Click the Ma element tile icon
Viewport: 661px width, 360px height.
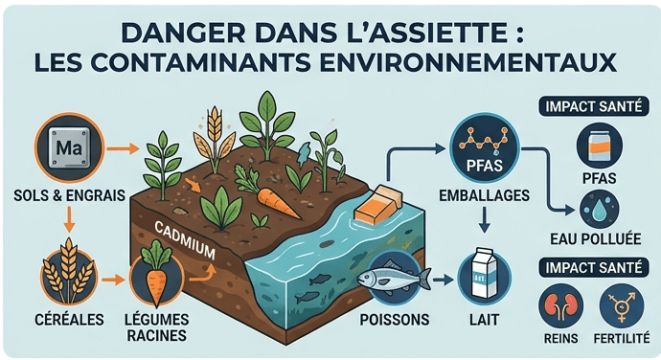coord(69,147)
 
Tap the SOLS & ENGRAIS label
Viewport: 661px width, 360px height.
coord(70,195)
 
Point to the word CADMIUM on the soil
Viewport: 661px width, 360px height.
coord(185,240)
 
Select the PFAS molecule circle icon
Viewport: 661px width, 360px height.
coord(485,148)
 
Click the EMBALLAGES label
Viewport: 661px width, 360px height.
coord(485,195)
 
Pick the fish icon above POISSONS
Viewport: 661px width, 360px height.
coord(394,278)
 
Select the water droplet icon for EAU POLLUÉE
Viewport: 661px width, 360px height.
coord(599,209)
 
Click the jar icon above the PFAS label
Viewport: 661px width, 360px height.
coord(599,146)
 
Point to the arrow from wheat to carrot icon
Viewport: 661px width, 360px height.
coord(114,279)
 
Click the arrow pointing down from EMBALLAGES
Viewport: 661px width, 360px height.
coord(485,219)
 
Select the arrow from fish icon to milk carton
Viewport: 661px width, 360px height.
coord(443,279)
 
